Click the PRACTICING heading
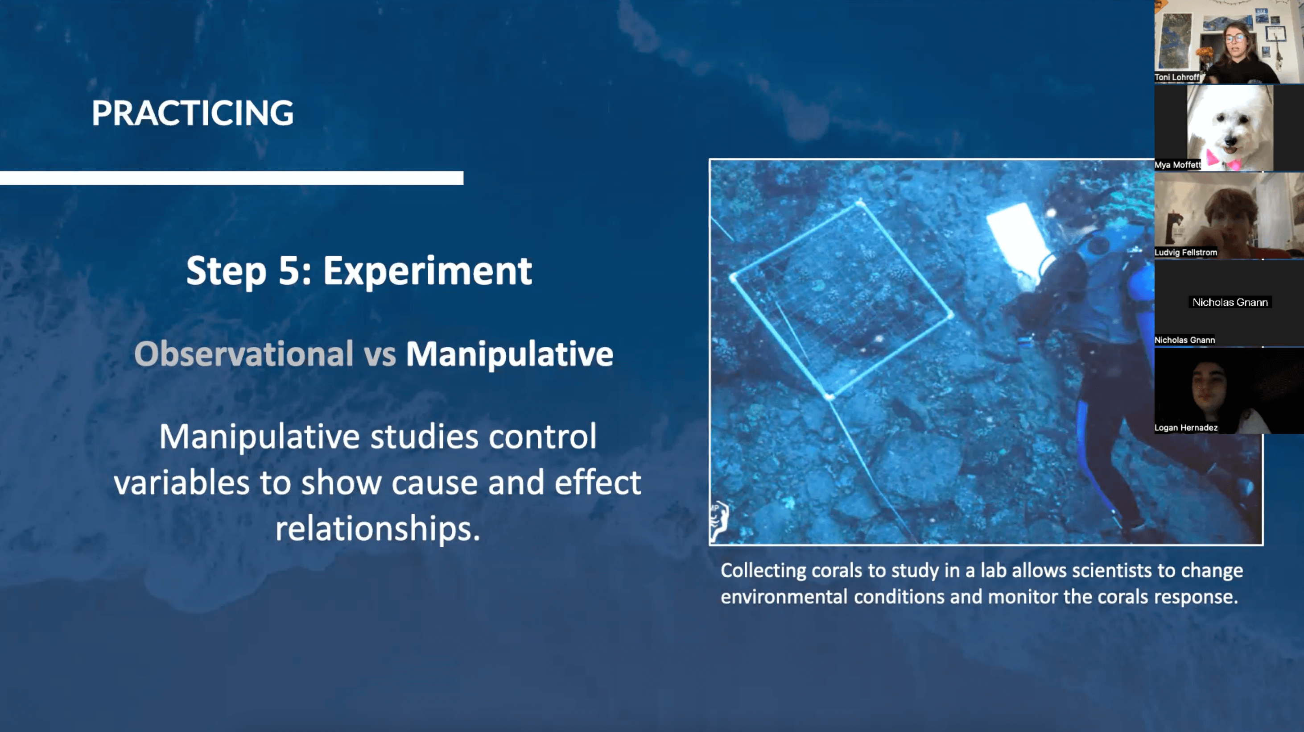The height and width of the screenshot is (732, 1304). coord(192,112)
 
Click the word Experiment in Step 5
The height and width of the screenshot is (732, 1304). coord(428,271)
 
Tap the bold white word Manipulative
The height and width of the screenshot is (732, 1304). coord(510,354)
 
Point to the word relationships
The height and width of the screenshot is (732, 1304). coord(378,528)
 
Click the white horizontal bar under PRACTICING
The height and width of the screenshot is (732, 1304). coord(231,178)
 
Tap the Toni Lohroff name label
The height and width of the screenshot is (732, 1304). coord(1177,77)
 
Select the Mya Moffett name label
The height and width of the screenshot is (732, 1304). coord(1177,165)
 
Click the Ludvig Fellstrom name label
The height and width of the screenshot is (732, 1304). coord(1185,252)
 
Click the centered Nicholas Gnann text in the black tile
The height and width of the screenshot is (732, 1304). coord(1230,303)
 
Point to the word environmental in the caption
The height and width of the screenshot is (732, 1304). coord(784,597)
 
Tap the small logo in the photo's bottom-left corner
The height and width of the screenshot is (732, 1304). coord(719,519)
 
